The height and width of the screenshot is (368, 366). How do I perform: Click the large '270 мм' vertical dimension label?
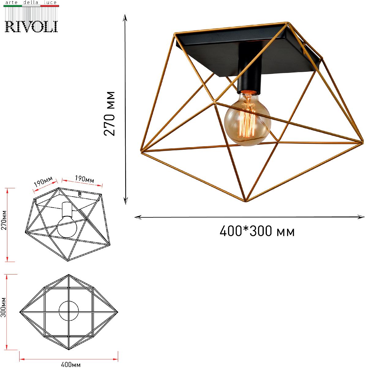coord(109,114)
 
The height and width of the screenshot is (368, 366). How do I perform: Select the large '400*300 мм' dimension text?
coord(257,232)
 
